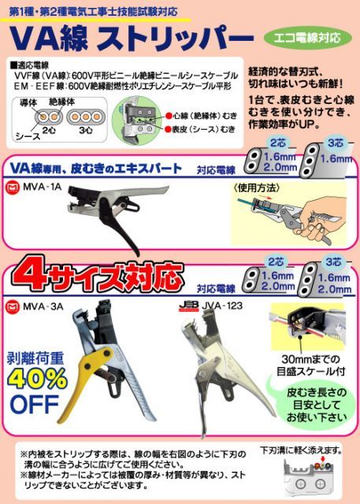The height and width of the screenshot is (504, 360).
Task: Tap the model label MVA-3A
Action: click(49, 306)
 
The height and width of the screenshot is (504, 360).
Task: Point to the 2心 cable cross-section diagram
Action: click(46, 113)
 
